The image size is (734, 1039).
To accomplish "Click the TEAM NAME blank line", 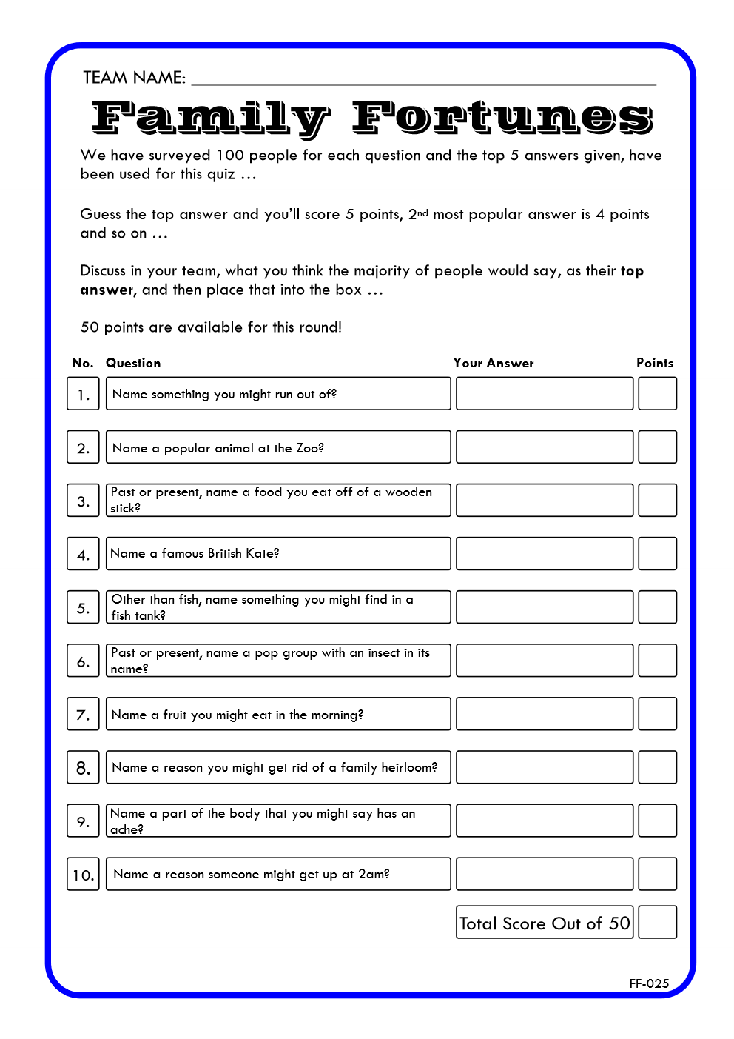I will (423, 80).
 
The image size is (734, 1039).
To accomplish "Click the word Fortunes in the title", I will (502, 118).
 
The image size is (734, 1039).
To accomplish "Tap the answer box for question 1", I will (545, 393).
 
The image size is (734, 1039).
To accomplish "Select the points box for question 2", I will (657, 447).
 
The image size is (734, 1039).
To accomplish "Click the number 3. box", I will (83, 501).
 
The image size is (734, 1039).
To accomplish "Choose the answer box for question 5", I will (545, 607).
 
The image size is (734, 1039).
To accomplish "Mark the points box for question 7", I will (657, 714).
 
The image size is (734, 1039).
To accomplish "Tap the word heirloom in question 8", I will (408, 767).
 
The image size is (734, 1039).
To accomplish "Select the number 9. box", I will (83, 821).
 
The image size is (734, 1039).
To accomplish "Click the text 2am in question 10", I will (372, 874).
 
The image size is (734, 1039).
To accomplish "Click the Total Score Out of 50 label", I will (545, 923).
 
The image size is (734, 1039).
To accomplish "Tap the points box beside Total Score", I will (657, 922).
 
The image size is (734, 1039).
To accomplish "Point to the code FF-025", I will (649, 983).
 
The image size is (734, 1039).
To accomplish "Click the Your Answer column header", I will (494, 363).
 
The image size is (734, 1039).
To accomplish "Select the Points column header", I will (655, 363).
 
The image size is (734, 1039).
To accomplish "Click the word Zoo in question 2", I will (309, 448).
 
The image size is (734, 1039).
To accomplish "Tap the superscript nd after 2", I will (422, 213).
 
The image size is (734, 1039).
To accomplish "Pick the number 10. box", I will (83, 875).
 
